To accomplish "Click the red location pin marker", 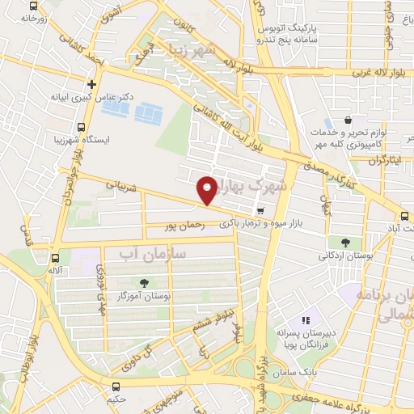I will click(x=209, y=190).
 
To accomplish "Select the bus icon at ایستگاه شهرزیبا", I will click(x=81, y=126).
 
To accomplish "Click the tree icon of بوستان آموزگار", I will click(x=144, y=283).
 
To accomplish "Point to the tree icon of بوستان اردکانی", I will click(x=345, y=242).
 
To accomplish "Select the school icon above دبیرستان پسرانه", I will click(x=306, y=321).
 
